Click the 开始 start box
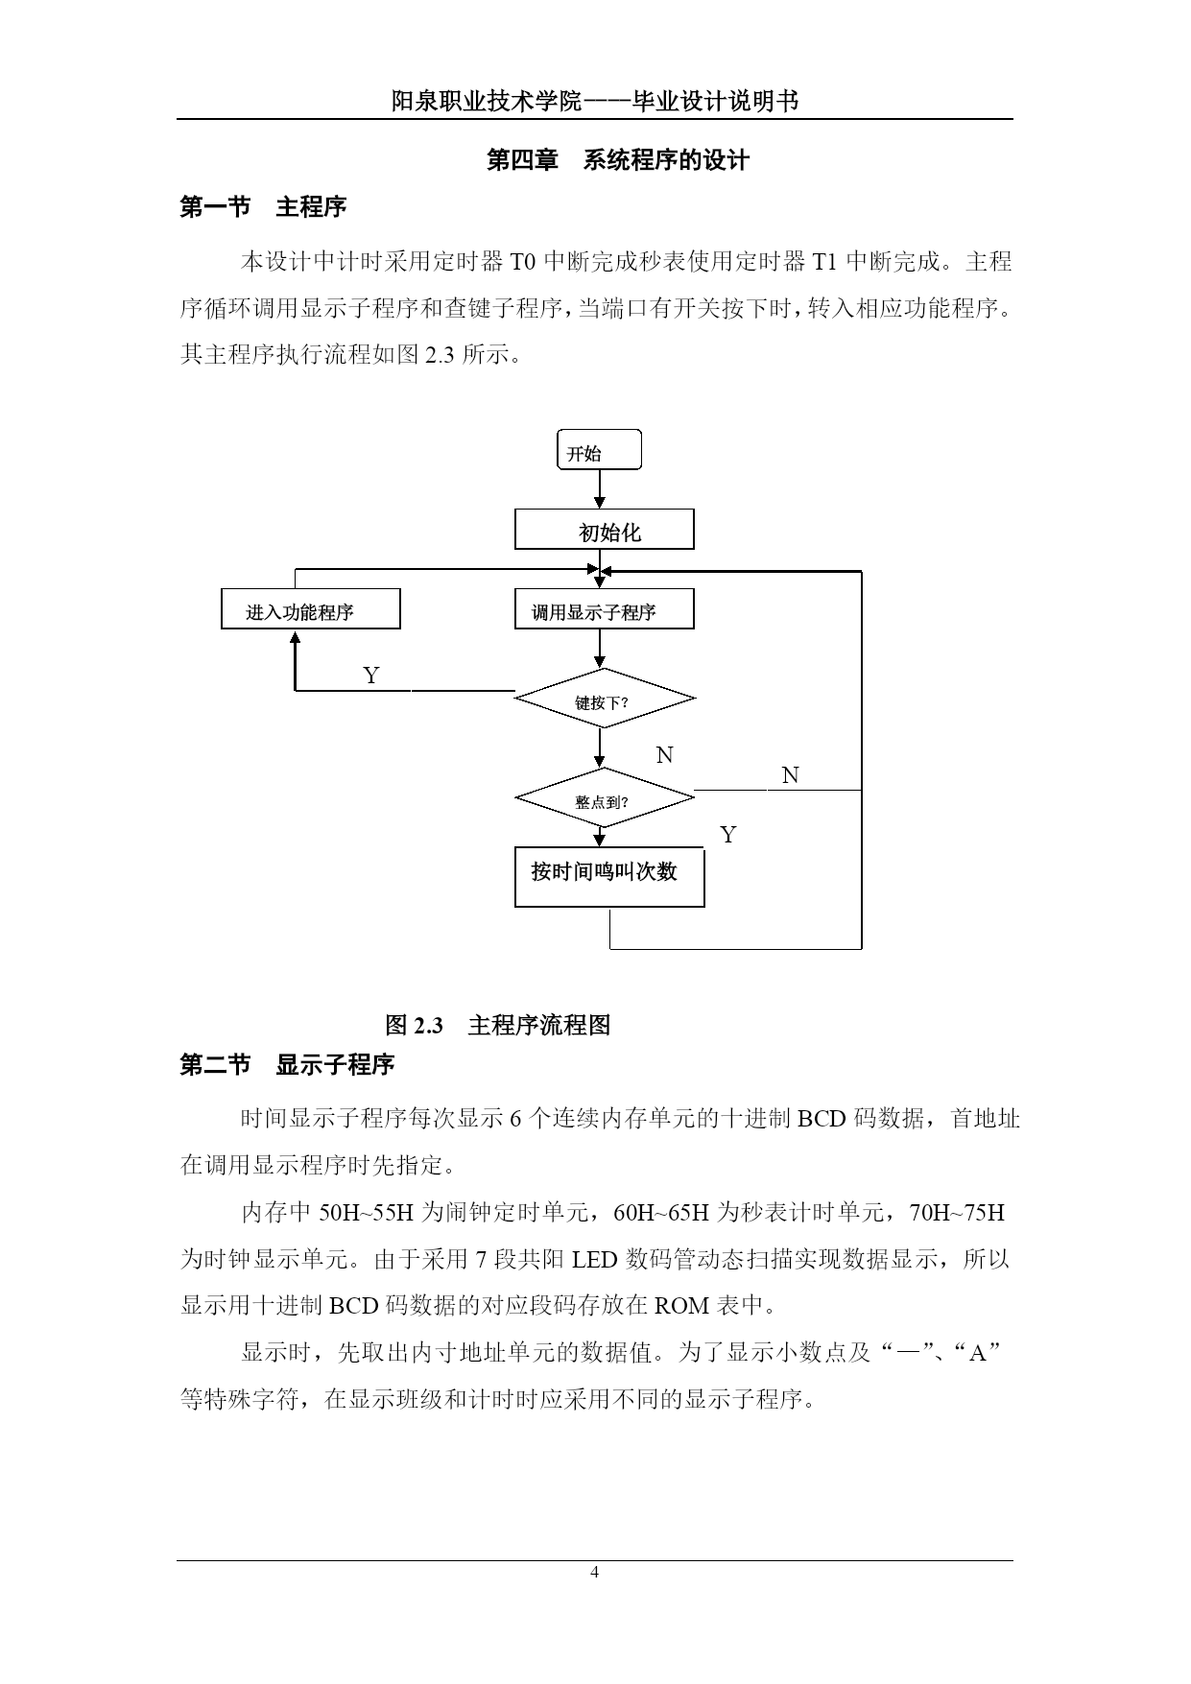tap(599, 449)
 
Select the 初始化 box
tap(605, 530)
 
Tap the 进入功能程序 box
tap(311, 609)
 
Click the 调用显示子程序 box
tap(605, 609)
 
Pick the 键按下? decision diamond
tap(605, 699)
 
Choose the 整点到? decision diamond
tap(605, 797)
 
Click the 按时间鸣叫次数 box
tap(609, 876)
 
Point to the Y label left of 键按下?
tap(371, 676)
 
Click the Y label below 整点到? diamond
tap(728, 835)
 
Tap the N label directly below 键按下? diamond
tap(664, 755)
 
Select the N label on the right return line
tap(790, 775)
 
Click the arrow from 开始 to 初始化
tap(600, 489)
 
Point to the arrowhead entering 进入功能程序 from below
tap(296, 636)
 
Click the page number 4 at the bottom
tap(595, 1572)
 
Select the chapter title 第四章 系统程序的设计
tap(618, 160)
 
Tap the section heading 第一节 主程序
tap(263, 206)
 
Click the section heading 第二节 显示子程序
tap(287, 1064)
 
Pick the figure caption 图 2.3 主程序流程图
tap(497, 1025)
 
